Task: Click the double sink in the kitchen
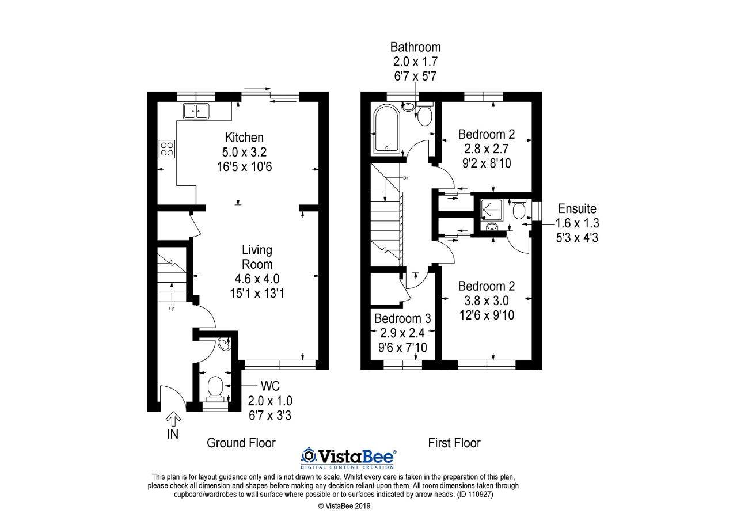(x=196, y=111)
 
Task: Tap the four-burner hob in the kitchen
(x=167, y=149)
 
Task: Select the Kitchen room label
(x=244, y=138)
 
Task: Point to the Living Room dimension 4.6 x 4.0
(x=257, y=279)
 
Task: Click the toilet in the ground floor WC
(x=215, y=388)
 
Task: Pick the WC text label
(x=270, y=386)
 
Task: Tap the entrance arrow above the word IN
(x=173, y=420)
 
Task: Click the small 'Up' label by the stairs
(x=172, y=309)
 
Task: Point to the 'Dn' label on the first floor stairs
(x=406, y=178)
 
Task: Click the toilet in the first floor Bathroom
(x=425, y=114)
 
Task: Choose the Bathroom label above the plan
(x=415, y=47)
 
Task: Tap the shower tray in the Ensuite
(x=492, y=210)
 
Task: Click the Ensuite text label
(x=577, y=208)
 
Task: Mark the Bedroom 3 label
(x=402, y=318)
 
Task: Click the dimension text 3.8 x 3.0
(x=487, y=301)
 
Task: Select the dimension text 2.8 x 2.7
(x=487, y=149)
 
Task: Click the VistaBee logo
(x=348, y=457)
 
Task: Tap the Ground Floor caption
(x=241, y=443)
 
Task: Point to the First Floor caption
(x=454, y=443)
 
